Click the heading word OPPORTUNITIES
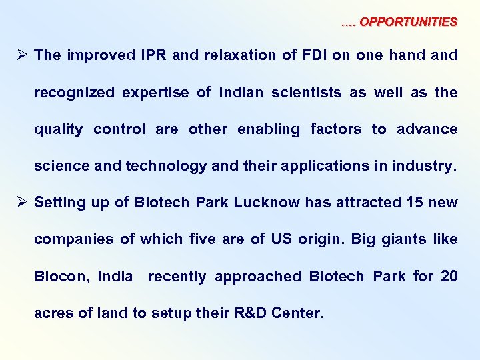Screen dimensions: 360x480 (x=408, y=22)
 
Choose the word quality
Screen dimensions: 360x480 (x=59, y=129)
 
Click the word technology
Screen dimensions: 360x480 (x=165, y=166)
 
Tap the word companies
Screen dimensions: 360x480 (x=73, y=239)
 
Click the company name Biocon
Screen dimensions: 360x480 (x=61, y=276)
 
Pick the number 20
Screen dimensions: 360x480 (x=449, y=276)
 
